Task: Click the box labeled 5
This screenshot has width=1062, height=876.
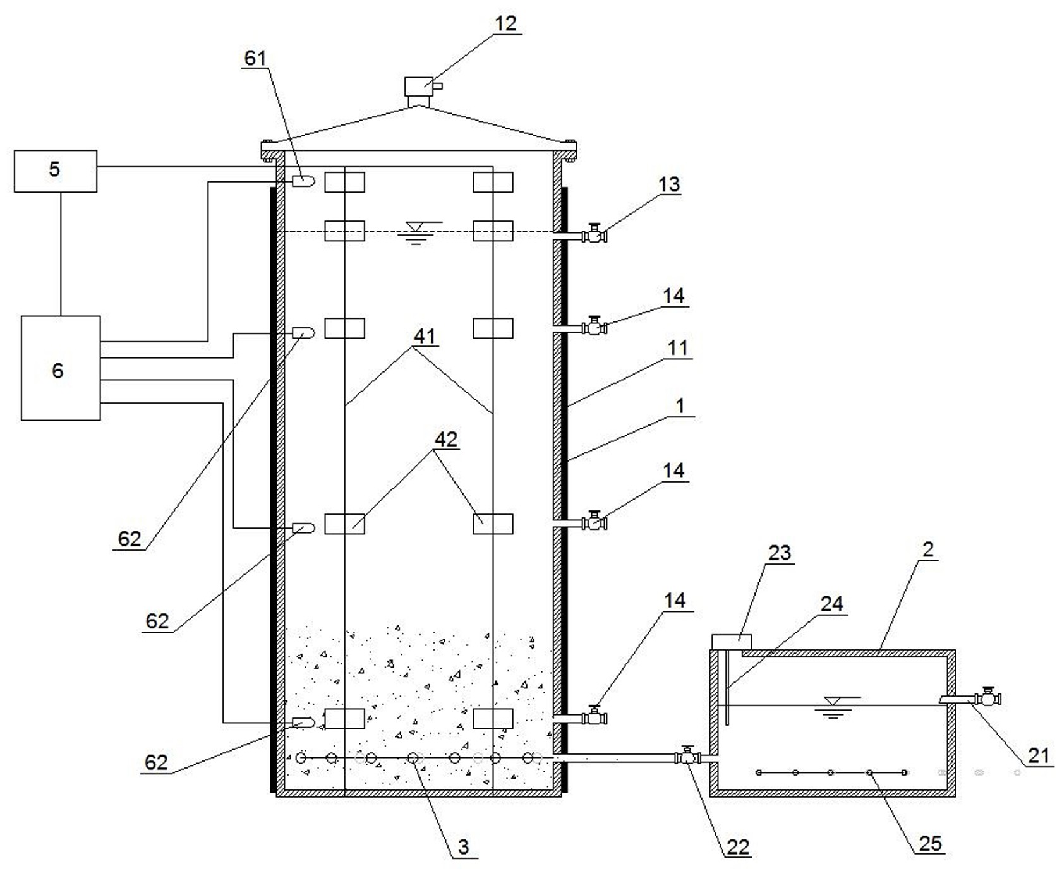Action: point(56,171)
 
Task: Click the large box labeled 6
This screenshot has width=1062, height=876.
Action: point(60,368)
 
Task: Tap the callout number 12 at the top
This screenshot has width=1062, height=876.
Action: point(505,24)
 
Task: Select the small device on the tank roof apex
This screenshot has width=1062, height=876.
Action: point(419,87)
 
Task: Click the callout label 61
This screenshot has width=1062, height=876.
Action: point(255,58)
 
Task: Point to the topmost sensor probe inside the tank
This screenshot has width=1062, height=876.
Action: point(303,181)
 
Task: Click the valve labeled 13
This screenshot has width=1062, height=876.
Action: point(594,234)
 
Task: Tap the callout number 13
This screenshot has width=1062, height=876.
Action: point(669,184)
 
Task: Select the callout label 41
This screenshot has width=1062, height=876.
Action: point(424,336)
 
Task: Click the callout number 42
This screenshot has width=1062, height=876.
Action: point(446,439)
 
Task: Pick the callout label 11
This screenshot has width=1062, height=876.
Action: point(677,347)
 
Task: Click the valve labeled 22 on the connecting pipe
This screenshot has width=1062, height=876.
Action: point(687,756)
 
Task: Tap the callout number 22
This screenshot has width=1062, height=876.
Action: point(737,846)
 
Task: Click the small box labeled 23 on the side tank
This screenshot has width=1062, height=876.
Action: point(732,641)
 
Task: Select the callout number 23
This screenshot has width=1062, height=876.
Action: point(779,553)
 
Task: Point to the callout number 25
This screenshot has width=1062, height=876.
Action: point(931,843)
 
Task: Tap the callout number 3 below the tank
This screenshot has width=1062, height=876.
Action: point(463,846)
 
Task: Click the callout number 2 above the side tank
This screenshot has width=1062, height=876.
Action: point(927,549)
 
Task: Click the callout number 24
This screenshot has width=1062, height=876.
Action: point(831,604)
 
